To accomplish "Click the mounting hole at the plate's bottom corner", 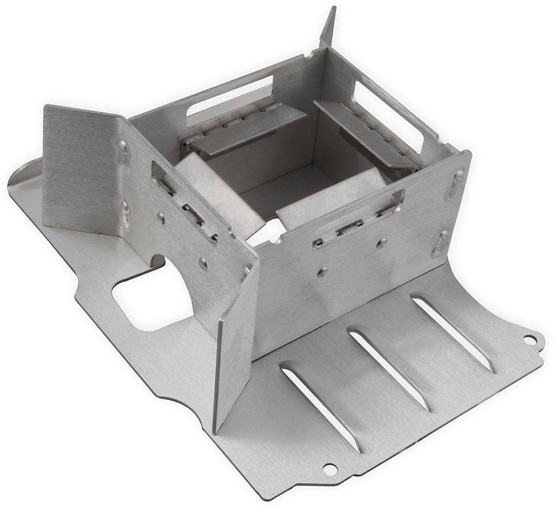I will pos(328,468).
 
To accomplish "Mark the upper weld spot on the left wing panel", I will pos(124,152).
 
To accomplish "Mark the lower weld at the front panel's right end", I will pos(440,244).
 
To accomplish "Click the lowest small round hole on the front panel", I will pos(323,272).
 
